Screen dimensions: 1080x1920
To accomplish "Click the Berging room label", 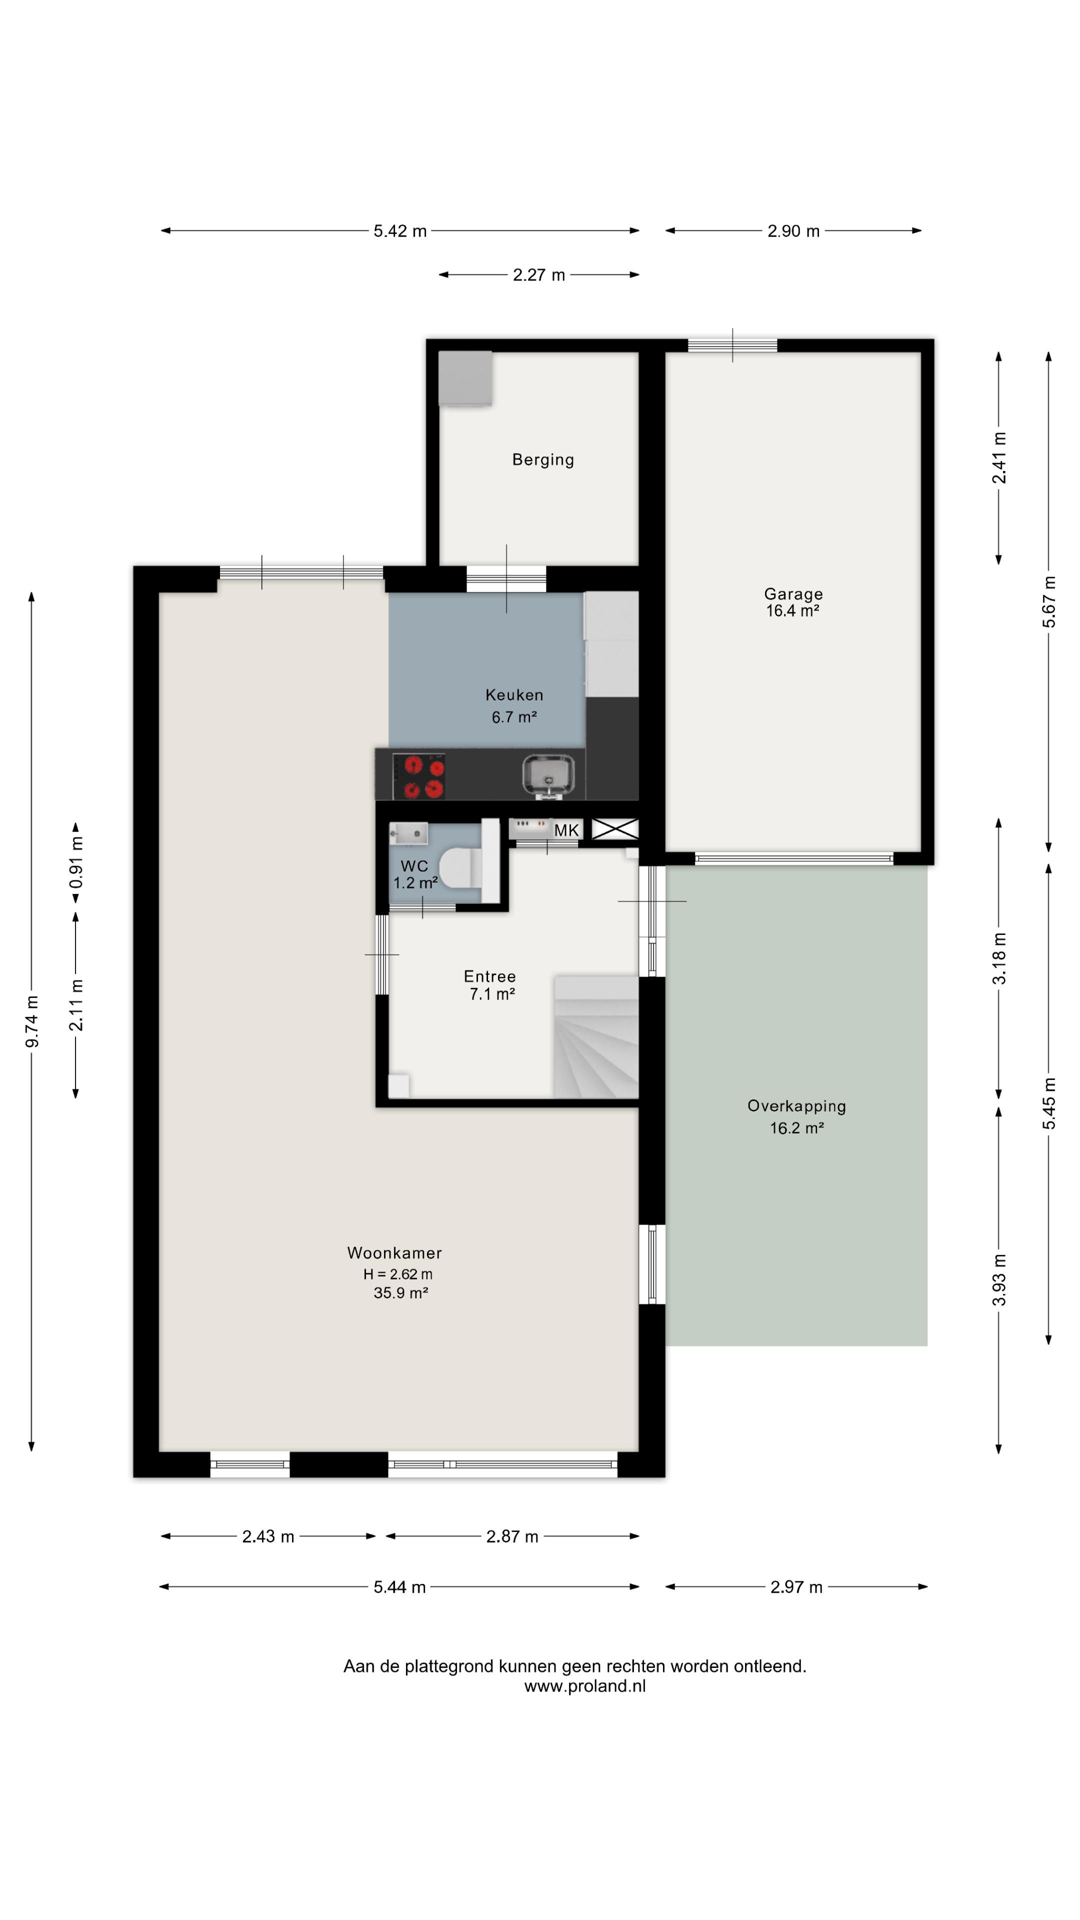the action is tap(542, 460).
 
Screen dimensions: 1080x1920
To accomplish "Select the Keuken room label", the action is tap(514, 694).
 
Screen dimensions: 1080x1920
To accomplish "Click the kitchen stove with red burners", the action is tap(419, 776).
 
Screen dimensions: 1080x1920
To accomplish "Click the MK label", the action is tap(566, 830).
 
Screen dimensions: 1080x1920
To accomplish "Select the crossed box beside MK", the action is tap(615, 828).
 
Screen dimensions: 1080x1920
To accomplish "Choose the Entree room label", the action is tap(489, 976).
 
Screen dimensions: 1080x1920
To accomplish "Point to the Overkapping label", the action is tap(797, 1106).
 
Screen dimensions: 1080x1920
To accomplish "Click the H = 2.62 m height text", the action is tap(398, 1274).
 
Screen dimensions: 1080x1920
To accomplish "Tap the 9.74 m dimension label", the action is tap(32, 1021).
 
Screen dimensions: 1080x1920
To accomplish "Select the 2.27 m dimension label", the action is tap(539, 275).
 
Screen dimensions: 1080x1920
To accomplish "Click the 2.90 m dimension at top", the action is tap(794, 231).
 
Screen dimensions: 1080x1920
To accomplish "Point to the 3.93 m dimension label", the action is tap(999, 1280).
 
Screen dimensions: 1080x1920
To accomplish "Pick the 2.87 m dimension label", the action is tap(512, 1537).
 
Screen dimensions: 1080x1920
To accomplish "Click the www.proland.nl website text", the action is tap(585, 1686).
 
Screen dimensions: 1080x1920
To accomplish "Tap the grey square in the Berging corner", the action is tap(465, 378).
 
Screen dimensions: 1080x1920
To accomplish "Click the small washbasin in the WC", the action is tap(408, 832).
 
